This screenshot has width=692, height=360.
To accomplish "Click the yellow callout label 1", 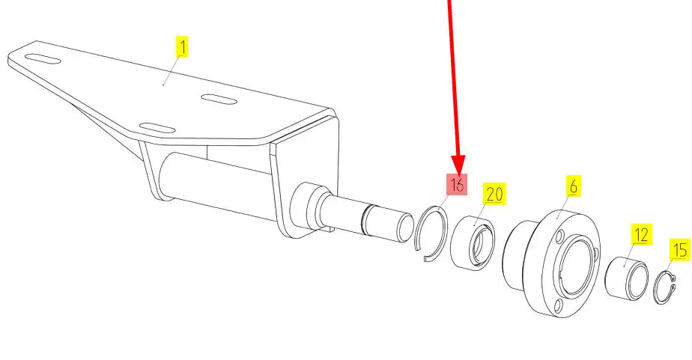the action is (x=182, y=47).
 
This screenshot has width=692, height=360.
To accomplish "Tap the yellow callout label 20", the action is (x=494, y=194).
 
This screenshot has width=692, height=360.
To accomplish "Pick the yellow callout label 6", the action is (x=573, y=186).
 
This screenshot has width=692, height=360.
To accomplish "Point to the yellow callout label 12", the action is (x=641, y=235).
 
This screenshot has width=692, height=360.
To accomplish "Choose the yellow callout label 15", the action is (x=680, y=250).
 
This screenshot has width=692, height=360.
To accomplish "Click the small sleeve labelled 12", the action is (x=626, y=280).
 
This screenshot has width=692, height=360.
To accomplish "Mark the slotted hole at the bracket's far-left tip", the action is (x=43, y=58).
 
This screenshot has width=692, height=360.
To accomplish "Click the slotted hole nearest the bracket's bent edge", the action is (x=219, y=100).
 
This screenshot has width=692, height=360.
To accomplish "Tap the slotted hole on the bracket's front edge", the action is (x=157, y=129).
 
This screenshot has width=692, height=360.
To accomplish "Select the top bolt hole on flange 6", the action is (x=561, y=237).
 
